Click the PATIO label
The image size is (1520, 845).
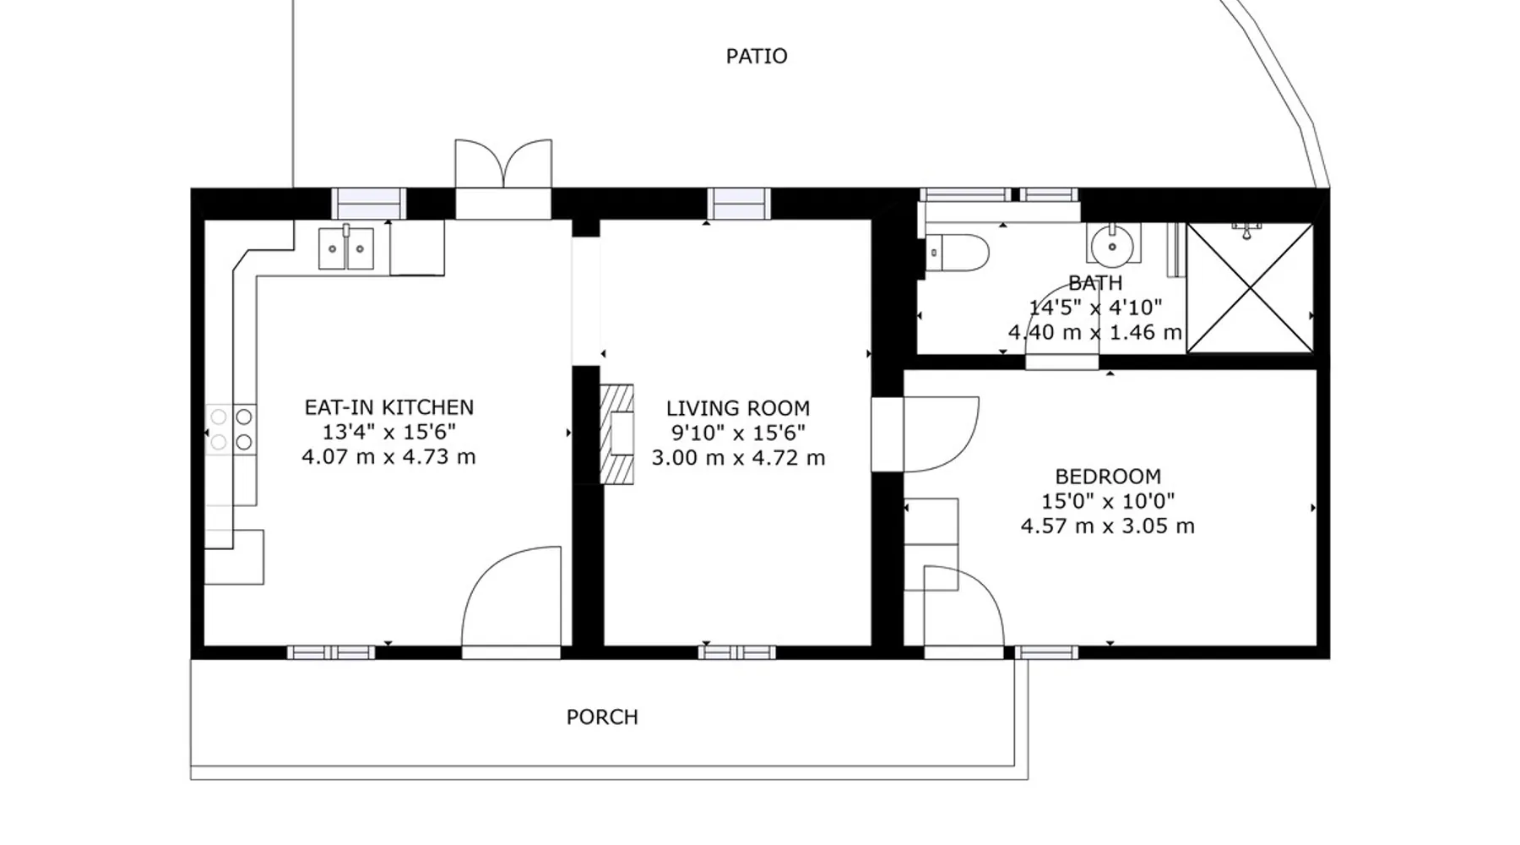coord(757,57)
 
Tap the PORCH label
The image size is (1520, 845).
coord(602,717)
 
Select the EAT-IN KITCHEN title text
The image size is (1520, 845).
coord(389,407)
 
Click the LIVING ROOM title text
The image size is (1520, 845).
coord(738,408)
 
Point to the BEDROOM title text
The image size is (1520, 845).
coord(1108,477)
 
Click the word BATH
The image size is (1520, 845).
coord(1095,283)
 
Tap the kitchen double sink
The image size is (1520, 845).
coord(346,248)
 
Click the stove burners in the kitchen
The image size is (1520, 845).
coord(231,429)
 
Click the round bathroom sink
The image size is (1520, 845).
coord(1112,244)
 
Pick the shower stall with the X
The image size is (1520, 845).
coord(1250,288)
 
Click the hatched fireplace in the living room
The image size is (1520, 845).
coord(616,434)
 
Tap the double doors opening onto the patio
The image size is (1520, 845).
coord(503,164)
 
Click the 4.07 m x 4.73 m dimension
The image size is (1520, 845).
coord(389,457)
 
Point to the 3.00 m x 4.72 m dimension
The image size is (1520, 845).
coord(738,458)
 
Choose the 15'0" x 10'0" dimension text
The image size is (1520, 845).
coord(1108,501)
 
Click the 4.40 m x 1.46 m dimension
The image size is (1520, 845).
coord(1095,333)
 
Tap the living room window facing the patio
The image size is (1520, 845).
coord(739,204)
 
